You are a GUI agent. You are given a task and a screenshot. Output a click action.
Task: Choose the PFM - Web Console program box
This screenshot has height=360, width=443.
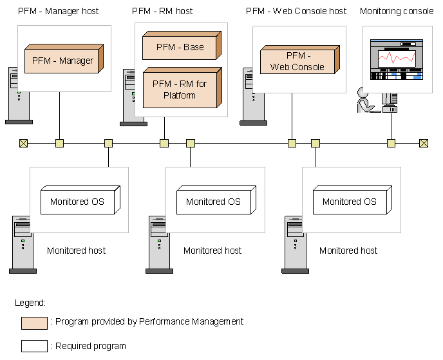298,62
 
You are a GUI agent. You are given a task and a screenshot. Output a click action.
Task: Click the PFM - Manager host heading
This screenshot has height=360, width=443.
59,11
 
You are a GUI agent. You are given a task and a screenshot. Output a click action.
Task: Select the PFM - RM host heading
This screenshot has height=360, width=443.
162,11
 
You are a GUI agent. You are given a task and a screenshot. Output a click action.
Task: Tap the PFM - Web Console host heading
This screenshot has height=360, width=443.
296,11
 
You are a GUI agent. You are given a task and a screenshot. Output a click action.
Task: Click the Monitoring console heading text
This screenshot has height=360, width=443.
397,11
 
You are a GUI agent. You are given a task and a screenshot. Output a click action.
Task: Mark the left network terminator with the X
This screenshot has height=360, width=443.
24,143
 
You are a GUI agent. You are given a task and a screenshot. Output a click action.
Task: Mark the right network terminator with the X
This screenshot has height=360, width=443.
424,143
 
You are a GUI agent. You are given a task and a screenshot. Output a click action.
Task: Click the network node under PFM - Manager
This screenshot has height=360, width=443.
59,143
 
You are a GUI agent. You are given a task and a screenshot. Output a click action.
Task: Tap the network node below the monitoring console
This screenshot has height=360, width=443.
391,143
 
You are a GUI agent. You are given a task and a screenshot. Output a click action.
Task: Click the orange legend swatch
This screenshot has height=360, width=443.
34,323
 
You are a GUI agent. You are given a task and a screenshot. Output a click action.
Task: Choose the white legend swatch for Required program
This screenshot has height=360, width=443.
34,346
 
